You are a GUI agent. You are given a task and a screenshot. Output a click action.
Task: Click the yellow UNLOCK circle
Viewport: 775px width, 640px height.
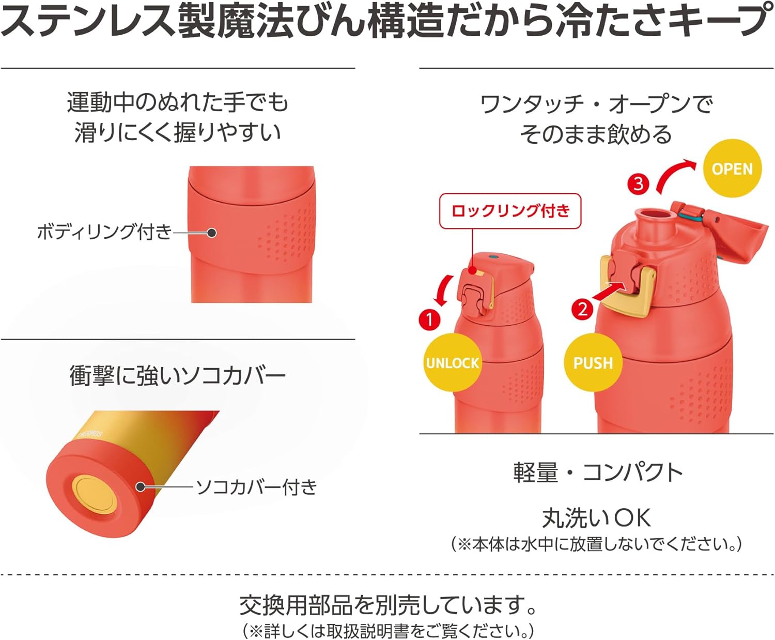pos(453,362)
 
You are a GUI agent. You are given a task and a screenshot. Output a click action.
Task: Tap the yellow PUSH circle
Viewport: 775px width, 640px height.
pos(593,362)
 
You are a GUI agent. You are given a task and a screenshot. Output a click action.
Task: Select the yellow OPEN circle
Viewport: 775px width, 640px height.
pos(732,169)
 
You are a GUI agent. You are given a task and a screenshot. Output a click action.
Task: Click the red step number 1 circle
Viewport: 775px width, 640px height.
pos(429,319)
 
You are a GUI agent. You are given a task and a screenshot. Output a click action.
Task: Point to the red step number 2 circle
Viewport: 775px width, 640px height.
pos(582,309)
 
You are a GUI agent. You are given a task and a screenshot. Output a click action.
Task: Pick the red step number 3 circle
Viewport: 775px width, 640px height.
pos(639,184)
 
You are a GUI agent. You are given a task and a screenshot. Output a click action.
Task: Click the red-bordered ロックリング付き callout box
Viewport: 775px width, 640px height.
pos(510,211)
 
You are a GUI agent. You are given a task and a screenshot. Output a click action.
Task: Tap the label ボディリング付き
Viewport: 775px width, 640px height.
pos(104,232)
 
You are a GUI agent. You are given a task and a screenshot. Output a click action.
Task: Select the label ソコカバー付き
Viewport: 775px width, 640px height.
pos(256,487)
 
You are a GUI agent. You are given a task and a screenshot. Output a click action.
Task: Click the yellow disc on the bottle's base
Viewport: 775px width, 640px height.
pos(95,495)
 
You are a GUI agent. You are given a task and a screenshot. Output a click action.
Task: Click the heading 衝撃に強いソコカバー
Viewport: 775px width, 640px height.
pos(178,375)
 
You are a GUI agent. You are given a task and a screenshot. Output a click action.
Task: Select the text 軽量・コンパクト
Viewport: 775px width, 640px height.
pos(598,473)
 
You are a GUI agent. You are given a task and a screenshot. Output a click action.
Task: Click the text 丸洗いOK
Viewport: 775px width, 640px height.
pos(597,518)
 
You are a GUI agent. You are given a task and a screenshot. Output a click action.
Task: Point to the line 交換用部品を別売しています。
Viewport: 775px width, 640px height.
pos(388,605)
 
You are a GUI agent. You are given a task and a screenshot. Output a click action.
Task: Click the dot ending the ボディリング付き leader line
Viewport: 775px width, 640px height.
pos(211,233)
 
